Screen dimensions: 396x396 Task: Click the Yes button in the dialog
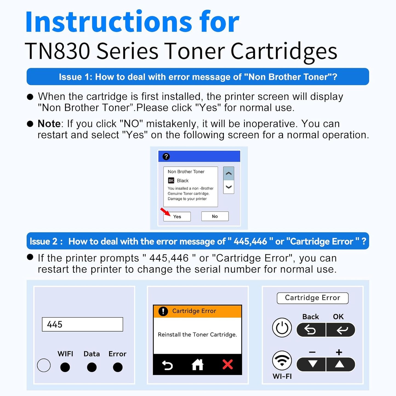click(177, 216)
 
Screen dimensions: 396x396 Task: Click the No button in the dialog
click(215, 216)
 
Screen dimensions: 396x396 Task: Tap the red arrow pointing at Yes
click(165, 212)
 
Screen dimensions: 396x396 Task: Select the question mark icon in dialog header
click(166, 156)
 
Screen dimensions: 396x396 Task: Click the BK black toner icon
click(171, 181)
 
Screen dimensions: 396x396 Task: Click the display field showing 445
click(82, 324)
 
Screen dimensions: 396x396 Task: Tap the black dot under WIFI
click(65, 367)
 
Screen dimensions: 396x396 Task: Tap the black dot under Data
click(92, 367)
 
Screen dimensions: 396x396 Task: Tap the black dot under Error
click(118, 367)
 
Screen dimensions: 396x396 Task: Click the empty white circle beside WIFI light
click(44, 365)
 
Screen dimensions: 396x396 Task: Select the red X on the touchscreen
click(227, 364)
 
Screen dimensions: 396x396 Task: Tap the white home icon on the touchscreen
click(198, 365)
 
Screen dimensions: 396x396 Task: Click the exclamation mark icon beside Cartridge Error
click(163, 311)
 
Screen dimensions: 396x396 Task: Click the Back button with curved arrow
click(311, 330)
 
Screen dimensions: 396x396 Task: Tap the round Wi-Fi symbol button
click(282, 361)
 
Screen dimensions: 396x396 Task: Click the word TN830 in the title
click(58, 51)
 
